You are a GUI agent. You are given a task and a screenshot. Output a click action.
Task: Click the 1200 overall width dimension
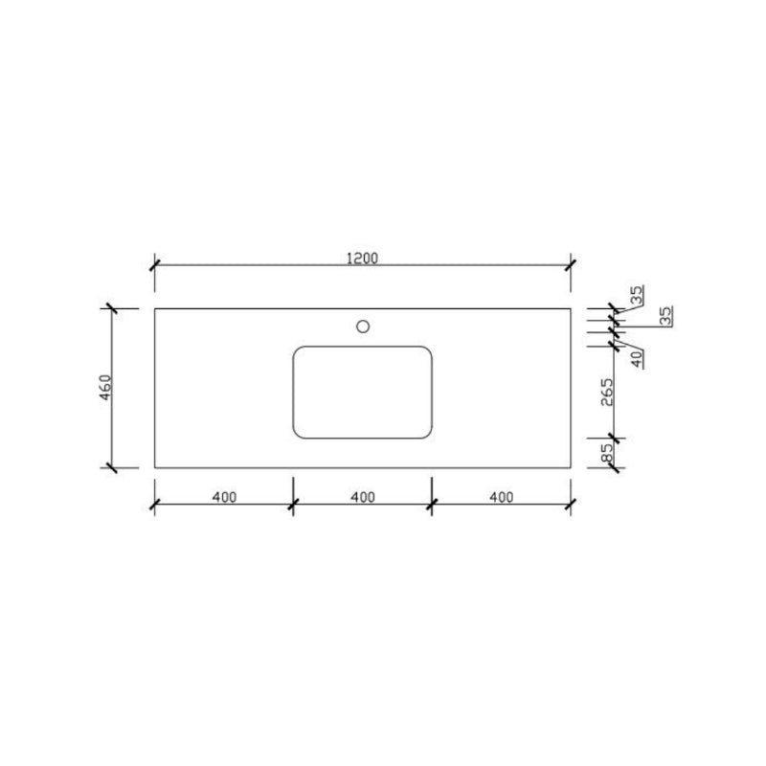coord(362,258)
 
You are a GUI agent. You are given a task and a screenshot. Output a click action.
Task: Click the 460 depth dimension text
coord(105,388)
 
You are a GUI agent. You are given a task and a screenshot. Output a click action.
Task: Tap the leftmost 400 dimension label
coord(224,497)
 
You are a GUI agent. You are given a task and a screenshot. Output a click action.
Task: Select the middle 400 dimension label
coord(363,497)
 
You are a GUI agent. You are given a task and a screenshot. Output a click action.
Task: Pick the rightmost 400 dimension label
coord(501,497)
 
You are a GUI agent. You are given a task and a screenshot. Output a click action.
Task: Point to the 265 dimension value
coord(606,392)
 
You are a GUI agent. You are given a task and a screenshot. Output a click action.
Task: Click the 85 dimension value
coord(606,453)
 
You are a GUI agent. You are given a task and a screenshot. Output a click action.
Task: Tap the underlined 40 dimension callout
coord(637,359)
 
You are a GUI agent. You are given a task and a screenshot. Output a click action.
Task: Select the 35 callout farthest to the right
coord(665,316)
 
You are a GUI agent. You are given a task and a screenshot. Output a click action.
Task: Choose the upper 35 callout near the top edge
coord(637,295)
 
